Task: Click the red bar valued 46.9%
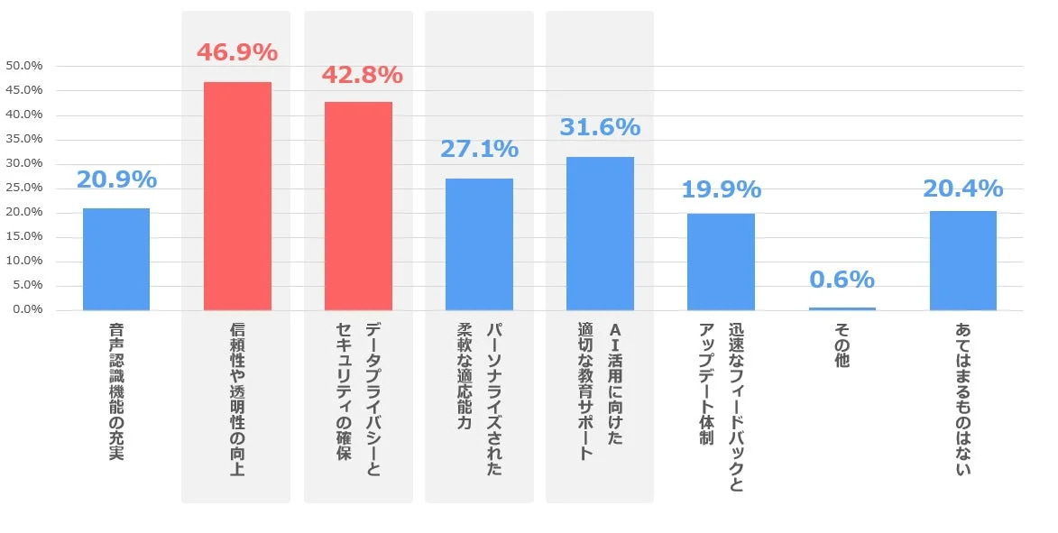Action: point(237,196)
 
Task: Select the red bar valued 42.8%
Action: point(358,206)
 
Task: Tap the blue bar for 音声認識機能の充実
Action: point(116,259)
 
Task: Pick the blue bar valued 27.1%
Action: point(479,244)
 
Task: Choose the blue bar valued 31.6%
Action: point(600,233)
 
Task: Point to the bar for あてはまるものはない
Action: point(962,260)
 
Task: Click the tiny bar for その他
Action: point(842,308)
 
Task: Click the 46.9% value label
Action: point(237,52)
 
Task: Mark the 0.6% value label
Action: point(842,280)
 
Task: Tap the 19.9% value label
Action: point(721,189)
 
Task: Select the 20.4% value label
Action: point(962,188)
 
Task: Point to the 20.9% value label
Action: point(116,179)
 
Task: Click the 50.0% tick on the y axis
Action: point(24,66)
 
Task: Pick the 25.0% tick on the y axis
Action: point(24,188)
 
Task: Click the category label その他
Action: point(842,346)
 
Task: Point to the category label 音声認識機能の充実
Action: point(116,391)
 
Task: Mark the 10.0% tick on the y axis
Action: point(24,261)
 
